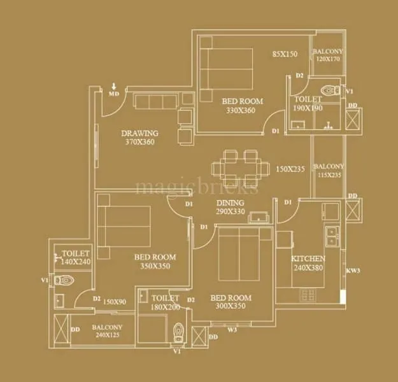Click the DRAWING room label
coord(139,133)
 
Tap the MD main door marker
coord(114,94)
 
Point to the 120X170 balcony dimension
coord(328,59)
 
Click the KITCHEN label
coord(308,258)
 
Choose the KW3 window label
coord(353,271)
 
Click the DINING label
coord(230,203)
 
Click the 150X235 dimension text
coord(290,169)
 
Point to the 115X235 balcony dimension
coord(328,175)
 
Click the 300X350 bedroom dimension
coord(231,306)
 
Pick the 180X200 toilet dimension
coord(165,306)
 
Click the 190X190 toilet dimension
coord(308,108)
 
